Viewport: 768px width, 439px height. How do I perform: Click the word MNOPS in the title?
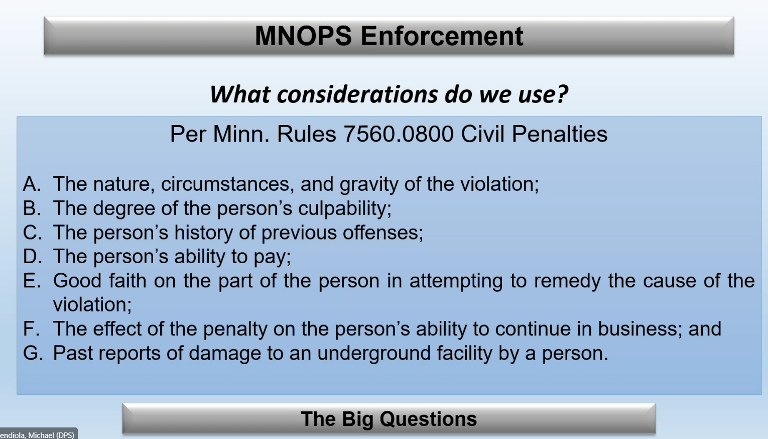click(x=303, y=36)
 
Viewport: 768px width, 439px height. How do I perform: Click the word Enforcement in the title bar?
click(x=442, y=36)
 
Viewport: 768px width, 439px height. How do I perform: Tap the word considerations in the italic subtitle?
click(x=357, y=94)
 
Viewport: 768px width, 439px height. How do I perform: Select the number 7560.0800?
click(x=399, y=134)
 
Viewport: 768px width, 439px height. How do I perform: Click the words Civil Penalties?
click(x=534, y=134)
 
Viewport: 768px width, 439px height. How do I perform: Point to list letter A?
click(x=32, y=184)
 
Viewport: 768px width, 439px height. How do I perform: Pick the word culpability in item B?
click(x=344, y=208)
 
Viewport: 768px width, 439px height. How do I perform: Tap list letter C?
click(x=33, y=233)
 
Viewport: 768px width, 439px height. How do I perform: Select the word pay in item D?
click(x=272, y=257)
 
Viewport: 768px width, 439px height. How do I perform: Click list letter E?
click(x=32, y=281)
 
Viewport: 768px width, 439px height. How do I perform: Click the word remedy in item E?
click(x=567, y=281)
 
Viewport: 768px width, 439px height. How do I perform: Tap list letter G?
click(x=33, y=353)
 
